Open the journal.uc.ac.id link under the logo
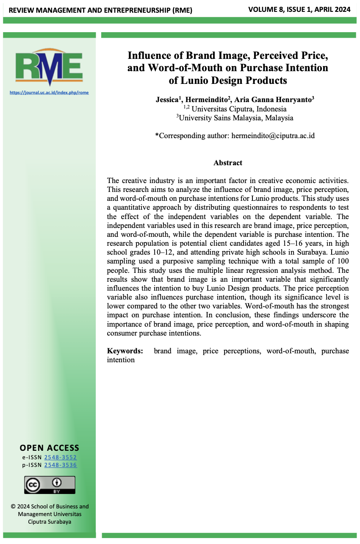coord(49,92)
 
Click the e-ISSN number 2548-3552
coord(61,457)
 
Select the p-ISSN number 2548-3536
coord(61,465)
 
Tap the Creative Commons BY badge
coord(50,485)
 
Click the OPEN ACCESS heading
coord(50,448)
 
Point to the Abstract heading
coord(228,163)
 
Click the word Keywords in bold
coord(125,351)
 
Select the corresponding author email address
coord(273,136)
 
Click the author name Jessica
coord(167,100)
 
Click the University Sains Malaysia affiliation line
coord(235,118)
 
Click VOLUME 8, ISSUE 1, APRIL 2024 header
coord(299,9)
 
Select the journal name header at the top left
coord(100,10)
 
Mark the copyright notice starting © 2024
coord(50,513)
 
